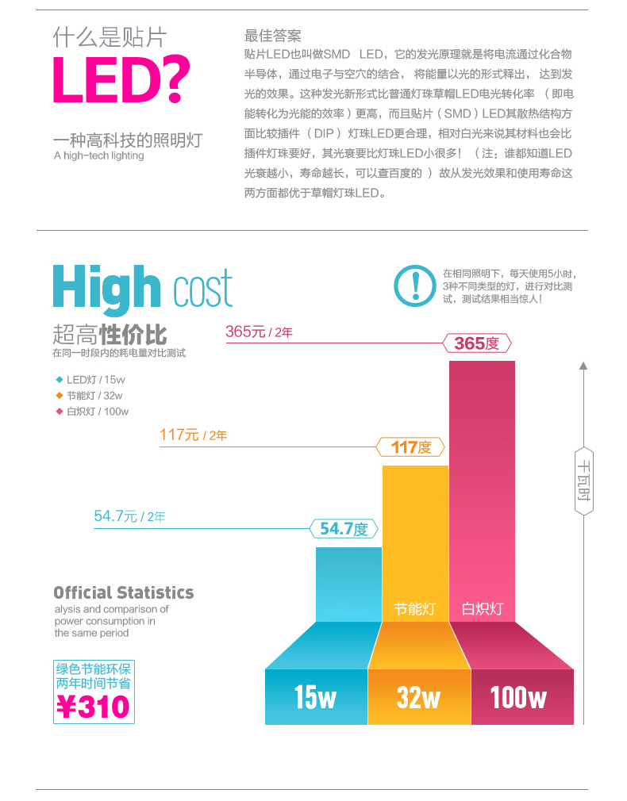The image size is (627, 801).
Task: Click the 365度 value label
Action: coord(476,343)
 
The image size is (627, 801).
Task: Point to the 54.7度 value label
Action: coord(344,529)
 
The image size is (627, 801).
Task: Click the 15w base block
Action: coord(316,697)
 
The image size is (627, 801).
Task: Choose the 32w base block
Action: coord(419,697)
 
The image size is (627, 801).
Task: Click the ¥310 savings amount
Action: coord(94,705)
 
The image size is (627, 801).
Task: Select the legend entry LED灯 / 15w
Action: coord(90,380)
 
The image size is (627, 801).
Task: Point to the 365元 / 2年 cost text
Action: coord(259,332)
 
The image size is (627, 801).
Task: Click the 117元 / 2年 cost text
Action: coord(193,435)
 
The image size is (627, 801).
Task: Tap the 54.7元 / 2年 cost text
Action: coord(129,517)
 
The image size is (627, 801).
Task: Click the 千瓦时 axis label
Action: coord(583,481)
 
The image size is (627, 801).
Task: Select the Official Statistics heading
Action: coord(123,592)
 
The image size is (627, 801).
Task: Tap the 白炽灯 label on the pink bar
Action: coord(483,609)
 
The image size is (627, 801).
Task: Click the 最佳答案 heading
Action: coord(272,36)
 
